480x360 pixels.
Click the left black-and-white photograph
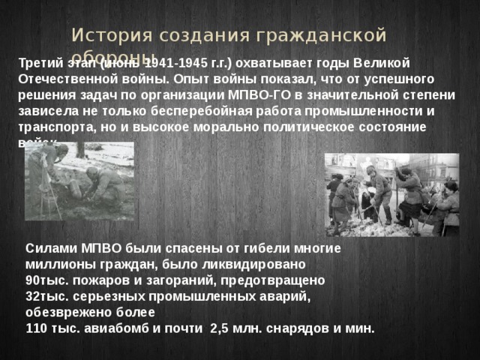pyautogui.click(x=79, y=181)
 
